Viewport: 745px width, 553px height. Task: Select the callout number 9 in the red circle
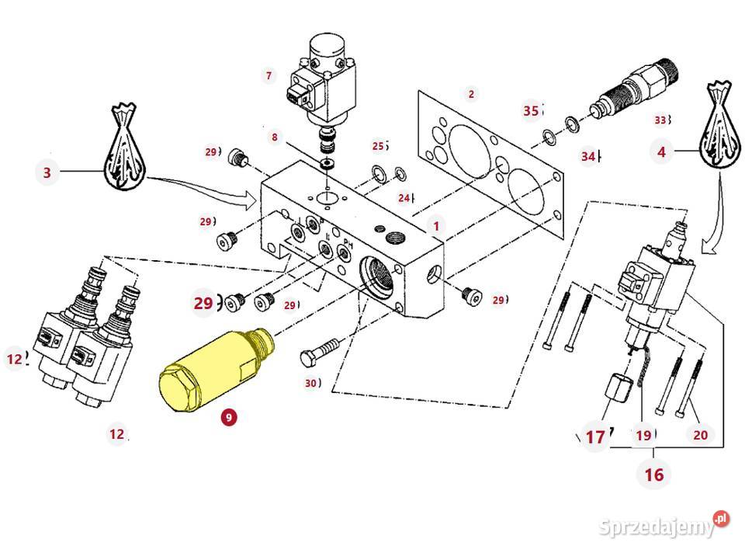click(x=229, y=417)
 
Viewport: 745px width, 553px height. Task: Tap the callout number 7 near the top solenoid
click(x=269, y=75)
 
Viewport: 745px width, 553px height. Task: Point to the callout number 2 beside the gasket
click(x=470, y=95)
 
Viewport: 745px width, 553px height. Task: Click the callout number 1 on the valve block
click(x=436, y=226)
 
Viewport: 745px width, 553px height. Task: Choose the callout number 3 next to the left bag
click(x=47, y=172)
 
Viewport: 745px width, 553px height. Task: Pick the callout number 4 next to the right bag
click(x=661, y=152)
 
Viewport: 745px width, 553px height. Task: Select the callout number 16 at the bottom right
click(x=654, y=473)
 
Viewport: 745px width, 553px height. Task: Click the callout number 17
click(x=595, y=437)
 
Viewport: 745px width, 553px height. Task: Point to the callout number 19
click(x=643, y=435)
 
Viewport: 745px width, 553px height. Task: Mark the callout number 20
click(x=700, y=435)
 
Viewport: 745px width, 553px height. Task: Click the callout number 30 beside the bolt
click(x=311, y=382)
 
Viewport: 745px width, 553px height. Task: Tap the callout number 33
click(x=660, y=120)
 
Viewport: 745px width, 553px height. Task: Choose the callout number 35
click(x=531, y=111)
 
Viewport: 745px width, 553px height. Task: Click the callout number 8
click(x=274, y=137)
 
